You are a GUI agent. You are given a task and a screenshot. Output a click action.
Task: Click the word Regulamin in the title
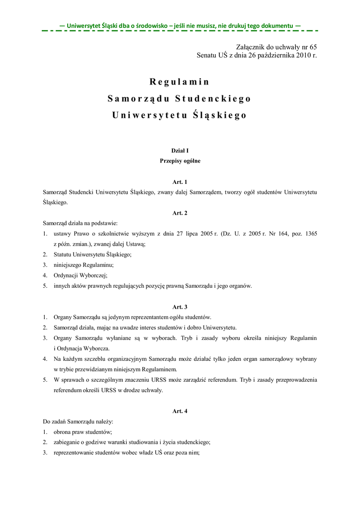pyautogui.click(x=179, y=82)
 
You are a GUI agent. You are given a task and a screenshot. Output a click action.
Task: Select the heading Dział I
pyautogui.click(x=180, y=150)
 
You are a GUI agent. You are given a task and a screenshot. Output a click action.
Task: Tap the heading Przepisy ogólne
pyautogui.click(x=180, y=161)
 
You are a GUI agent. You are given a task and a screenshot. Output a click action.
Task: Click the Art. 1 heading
pyautogui.click(x=180, y=182)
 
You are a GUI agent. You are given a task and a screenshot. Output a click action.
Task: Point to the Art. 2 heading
pyautogui.click(x=180, y=213)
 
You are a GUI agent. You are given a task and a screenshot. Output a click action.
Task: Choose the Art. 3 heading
pyautogui.click(x=180, y=307)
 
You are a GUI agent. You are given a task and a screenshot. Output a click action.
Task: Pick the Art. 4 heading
pyautogui.click(x=180, y=411)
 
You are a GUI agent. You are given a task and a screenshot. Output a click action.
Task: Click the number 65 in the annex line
pyautogui.click(x=313, y=46)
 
